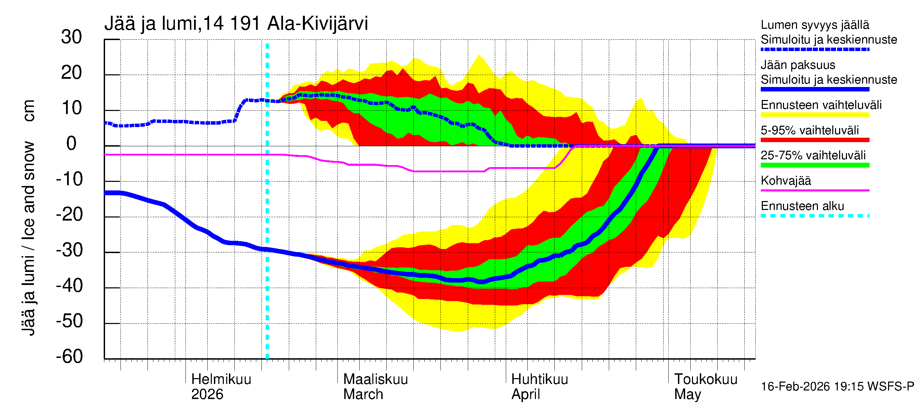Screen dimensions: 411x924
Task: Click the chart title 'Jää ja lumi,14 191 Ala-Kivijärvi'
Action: tap(236, 24)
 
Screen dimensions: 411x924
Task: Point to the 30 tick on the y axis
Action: tap(72, 37)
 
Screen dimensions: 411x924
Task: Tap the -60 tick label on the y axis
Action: tap(69, 357)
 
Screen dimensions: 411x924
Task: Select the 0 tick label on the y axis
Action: tap(72, 144)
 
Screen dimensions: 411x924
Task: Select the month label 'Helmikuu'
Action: tap(221, 379)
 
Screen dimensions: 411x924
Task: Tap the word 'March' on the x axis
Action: tap(363, 394)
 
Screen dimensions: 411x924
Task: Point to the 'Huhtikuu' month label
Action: tap(539, 379)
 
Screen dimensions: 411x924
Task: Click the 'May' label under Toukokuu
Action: tap(687, 394)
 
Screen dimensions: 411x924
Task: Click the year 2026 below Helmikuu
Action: tap(207, 394)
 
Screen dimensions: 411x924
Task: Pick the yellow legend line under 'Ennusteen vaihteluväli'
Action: tap(814, 115)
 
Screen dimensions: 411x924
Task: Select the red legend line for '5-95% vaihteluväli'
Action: tap(814, 140)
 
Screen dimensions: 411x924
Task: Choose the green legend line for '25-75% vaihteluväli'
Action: tap(814, 165)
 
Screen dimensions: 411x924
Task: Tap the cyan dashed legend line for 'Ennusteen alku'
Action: tap(814, 216)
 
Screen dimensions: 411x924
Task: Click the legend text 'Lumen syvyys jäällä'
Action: tap(814, 25)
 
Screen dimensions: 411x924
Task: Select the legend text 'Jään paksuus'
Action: tap(798, 65)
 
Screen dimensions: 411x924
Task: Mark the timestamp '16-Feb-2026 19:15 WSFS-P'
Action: tap(837, 387)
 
